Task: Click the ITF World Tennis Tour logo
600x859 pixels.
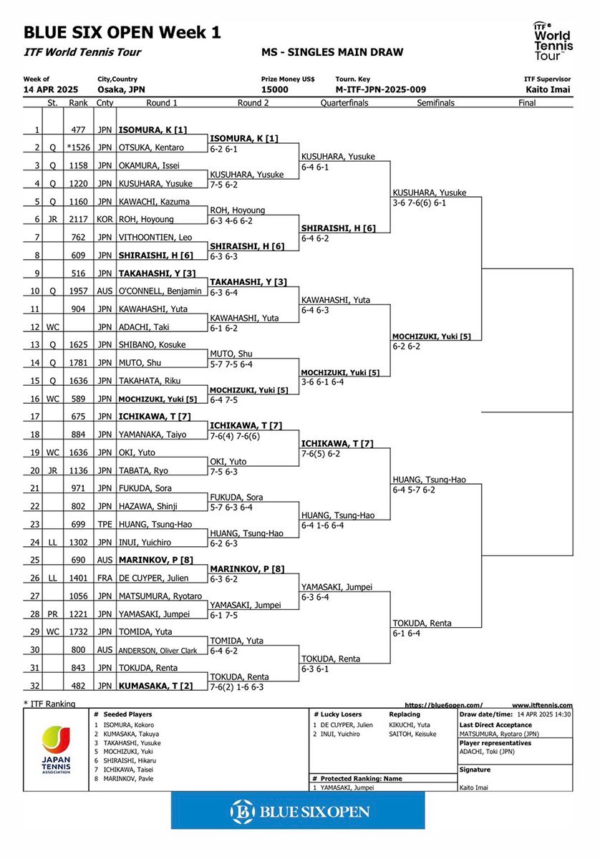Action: coord(551,40)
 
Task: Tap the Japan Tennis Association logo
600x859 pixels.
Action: coord(57,749)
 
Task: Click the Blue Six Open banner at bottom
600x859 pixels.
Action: coord(299,811)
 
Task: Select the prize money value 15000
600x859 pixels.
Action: coord(275,89)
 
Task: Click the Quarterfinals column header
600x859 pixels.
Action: coord(344,103)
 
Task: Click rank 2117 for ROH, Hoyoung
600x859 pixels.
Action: coord(79,219)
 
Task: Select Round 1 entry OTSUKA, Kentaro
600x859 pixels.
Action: coord(151,147)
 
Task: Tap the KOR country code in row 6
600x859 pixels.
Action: coord(105,219)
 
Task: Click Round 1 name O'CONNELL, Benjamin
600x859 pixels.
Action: coord(160,291)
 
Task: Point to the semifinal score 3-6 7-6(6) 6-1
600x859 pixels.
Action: coord(429,203)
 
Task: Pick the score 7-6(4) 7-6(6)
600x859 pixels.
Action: coord(240,435)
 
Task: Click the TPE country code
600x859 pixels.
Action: coord(105,525)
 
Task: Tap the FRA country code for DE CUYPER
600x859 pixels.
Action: coord(105,578)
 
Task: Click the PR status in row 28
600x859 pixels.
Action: coord(52,614)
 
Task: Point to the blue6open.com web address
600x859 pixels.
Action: coord(444,705)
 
